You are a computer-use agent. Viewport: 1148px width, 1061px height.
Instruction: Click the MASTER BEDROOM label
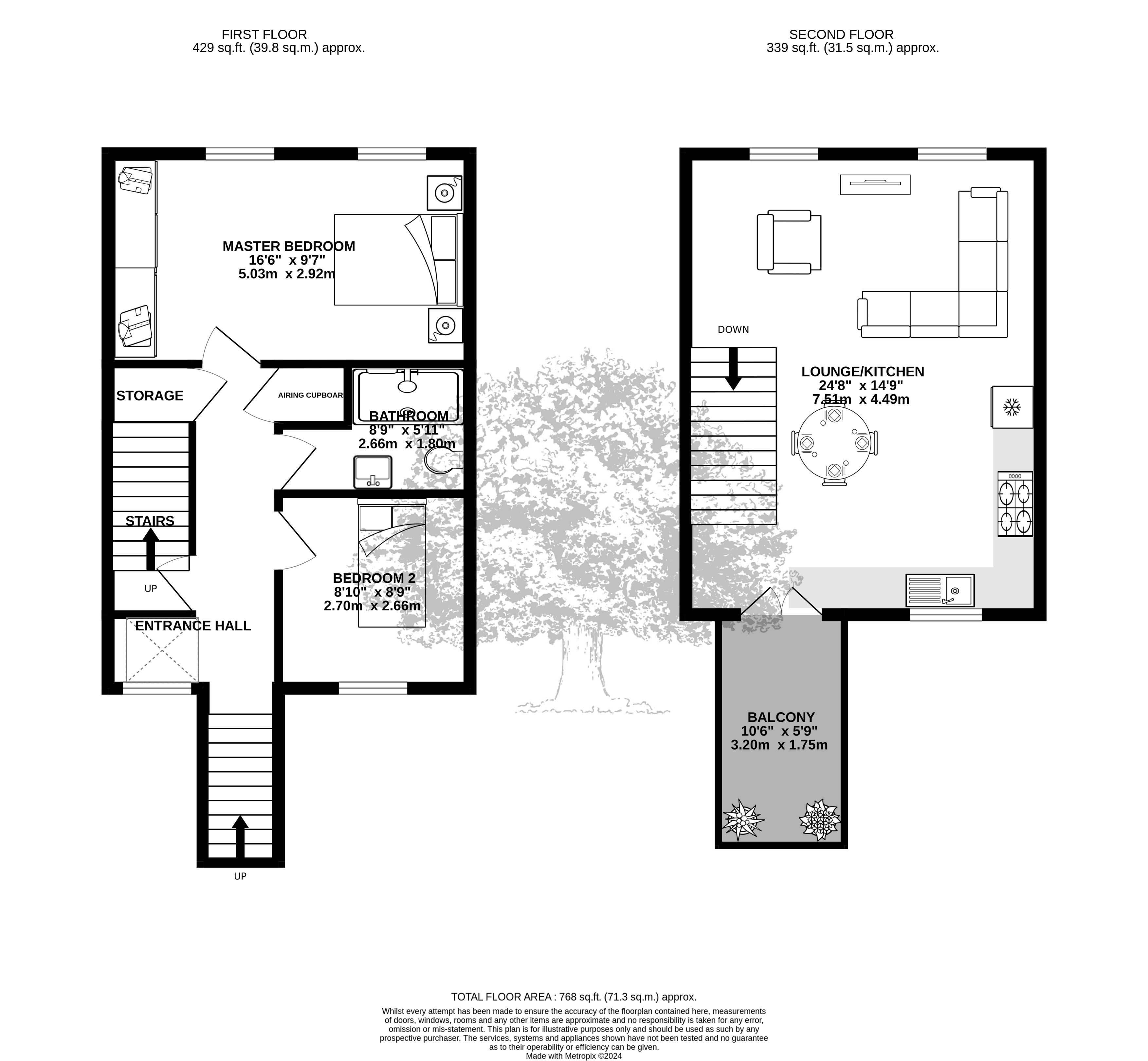289,246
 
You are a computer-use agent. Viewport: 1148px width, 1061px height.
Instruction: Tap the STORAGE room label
150,396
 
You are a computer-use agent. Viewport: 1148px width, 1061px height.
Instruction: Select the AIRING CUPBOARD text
311,395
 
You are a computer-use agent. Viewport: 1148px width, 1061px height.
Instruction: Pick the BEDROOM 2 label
374,578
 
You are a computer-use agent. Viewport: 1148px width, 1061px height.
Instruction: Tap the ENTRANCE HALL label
193,626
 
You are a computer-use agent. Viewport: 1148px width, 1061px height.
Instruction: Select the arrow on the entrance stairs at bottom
240,836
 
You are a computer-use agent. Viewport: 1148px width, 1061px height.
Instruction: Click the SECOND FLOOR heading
841,34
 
